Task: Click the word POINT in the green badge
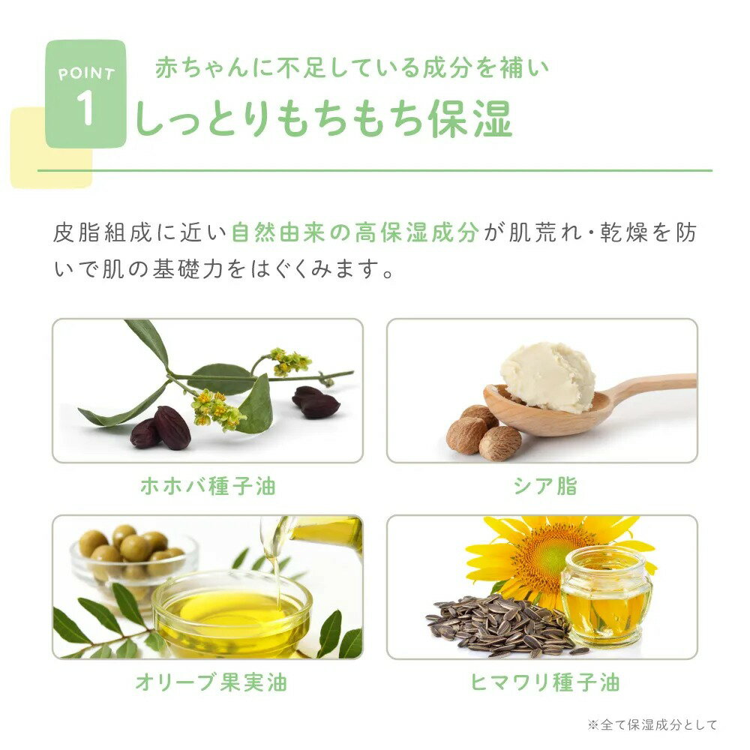point(86,73)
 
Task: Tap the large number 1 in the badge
point(85,108)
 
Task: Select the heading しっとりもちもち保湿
point(324,118)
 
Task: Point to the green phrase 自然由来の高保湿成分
point(355,233)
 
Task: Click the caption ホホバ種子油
point(208,486)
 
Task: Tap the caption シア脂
point(545,486)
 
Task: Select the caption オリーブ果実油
point(211,682)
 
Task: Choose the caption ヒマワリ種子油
point(544,682)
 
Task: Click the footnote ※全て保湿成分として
point(652,724)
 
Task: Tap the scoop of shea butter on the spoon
point(548,376)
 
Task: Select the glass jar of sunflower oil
point(605,596)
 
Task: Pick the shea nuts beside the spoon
point(484,433)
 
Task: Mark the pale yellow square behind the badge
point(51,148)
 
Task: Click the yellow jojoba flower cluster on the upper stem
point(290,362)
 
